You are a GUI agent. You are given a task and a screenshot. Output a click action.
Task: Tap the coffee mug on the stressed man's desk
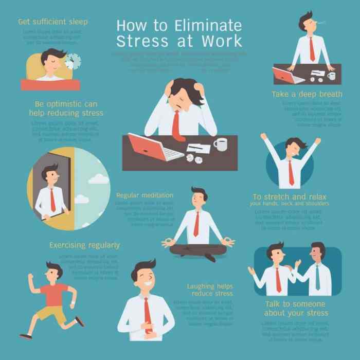[x=220, y=145]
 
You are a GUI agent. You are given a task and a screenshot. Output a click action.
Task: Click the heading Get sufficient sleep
[x=53, y=22]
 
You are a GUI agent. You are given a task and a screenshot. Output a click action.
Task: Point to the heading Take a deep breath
[x=307, y=94]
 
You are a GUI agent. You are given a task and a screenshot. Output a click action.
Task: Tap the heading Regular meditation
[x=145, y=195]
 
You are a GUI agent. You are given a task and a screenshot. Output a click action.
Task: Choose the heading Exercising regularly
[x=84, y=245]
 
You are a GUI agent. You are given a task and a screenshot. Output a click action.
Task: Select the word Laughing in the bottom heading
[x=201, y=285]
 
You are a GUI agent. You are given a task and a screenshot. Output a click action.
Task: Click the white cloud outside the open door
[x=97, y=178]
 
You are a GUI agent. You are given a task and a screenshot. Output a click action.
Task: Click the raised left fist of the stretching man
[x=263, y=136]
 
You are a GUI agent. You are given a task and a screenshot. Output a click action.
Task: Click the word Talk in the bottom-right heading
[x=273, y=304]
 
